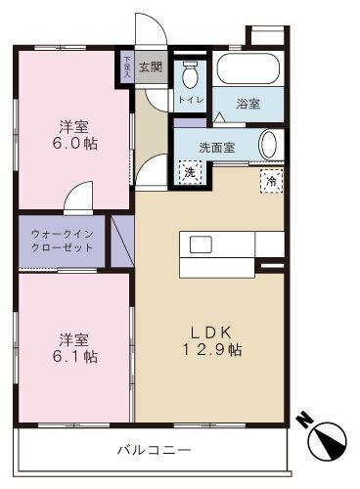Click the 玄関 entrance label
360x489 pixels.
150,67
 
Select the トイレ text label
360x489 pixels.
190,100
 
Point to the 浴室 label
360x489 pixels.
247,104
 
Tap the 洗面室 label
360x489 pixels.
216,148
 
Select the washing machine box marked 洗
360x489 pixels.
188,170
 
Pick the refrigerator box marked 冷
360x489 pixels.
269,180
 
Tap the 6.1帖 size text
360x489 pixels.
76,357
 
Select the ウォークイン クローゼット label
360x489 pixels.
62,242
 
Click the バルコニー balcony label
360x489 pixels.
155,450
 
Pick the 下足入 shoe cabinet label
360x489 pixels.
126,66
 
